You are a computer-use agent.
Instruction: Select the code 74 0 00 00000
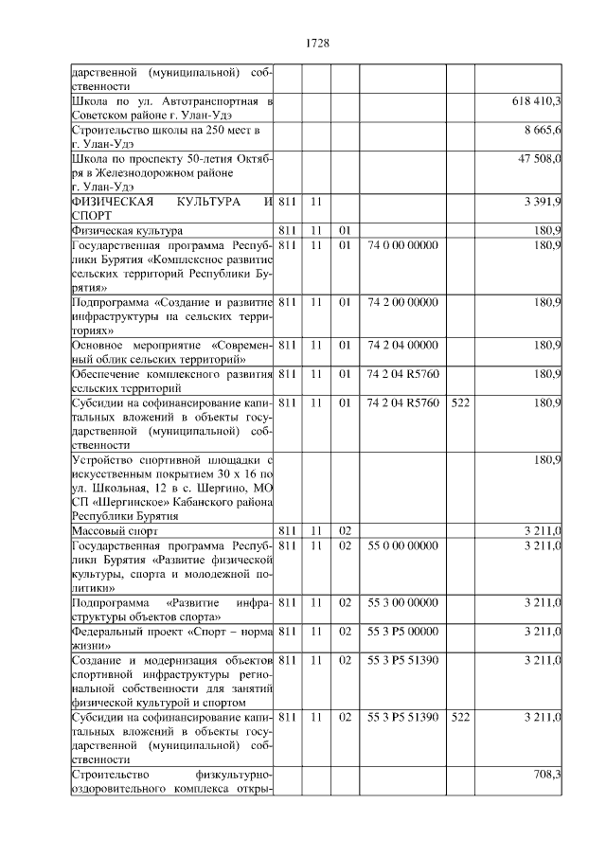pyautogui.click(x=402, y=245)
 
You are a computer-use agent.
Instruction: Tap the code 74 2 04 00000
pyautogui.click(x=402, y=345)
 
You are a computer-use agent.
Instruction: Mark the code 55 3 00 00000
pyautogui.click(x=402, y=602)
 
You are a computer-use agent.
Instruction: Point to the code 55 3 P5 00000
pyautogui.click(x=402, y=631)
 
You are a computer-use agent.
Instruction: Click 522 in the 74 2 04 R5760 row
pyautogui.click(x=460, y=402)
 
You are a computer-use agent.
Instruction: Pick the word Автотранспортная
pyautogui.click(x=213, y=100)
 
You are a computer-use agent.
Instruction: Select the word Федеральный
pyautogui.click(x=109, y=631)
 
